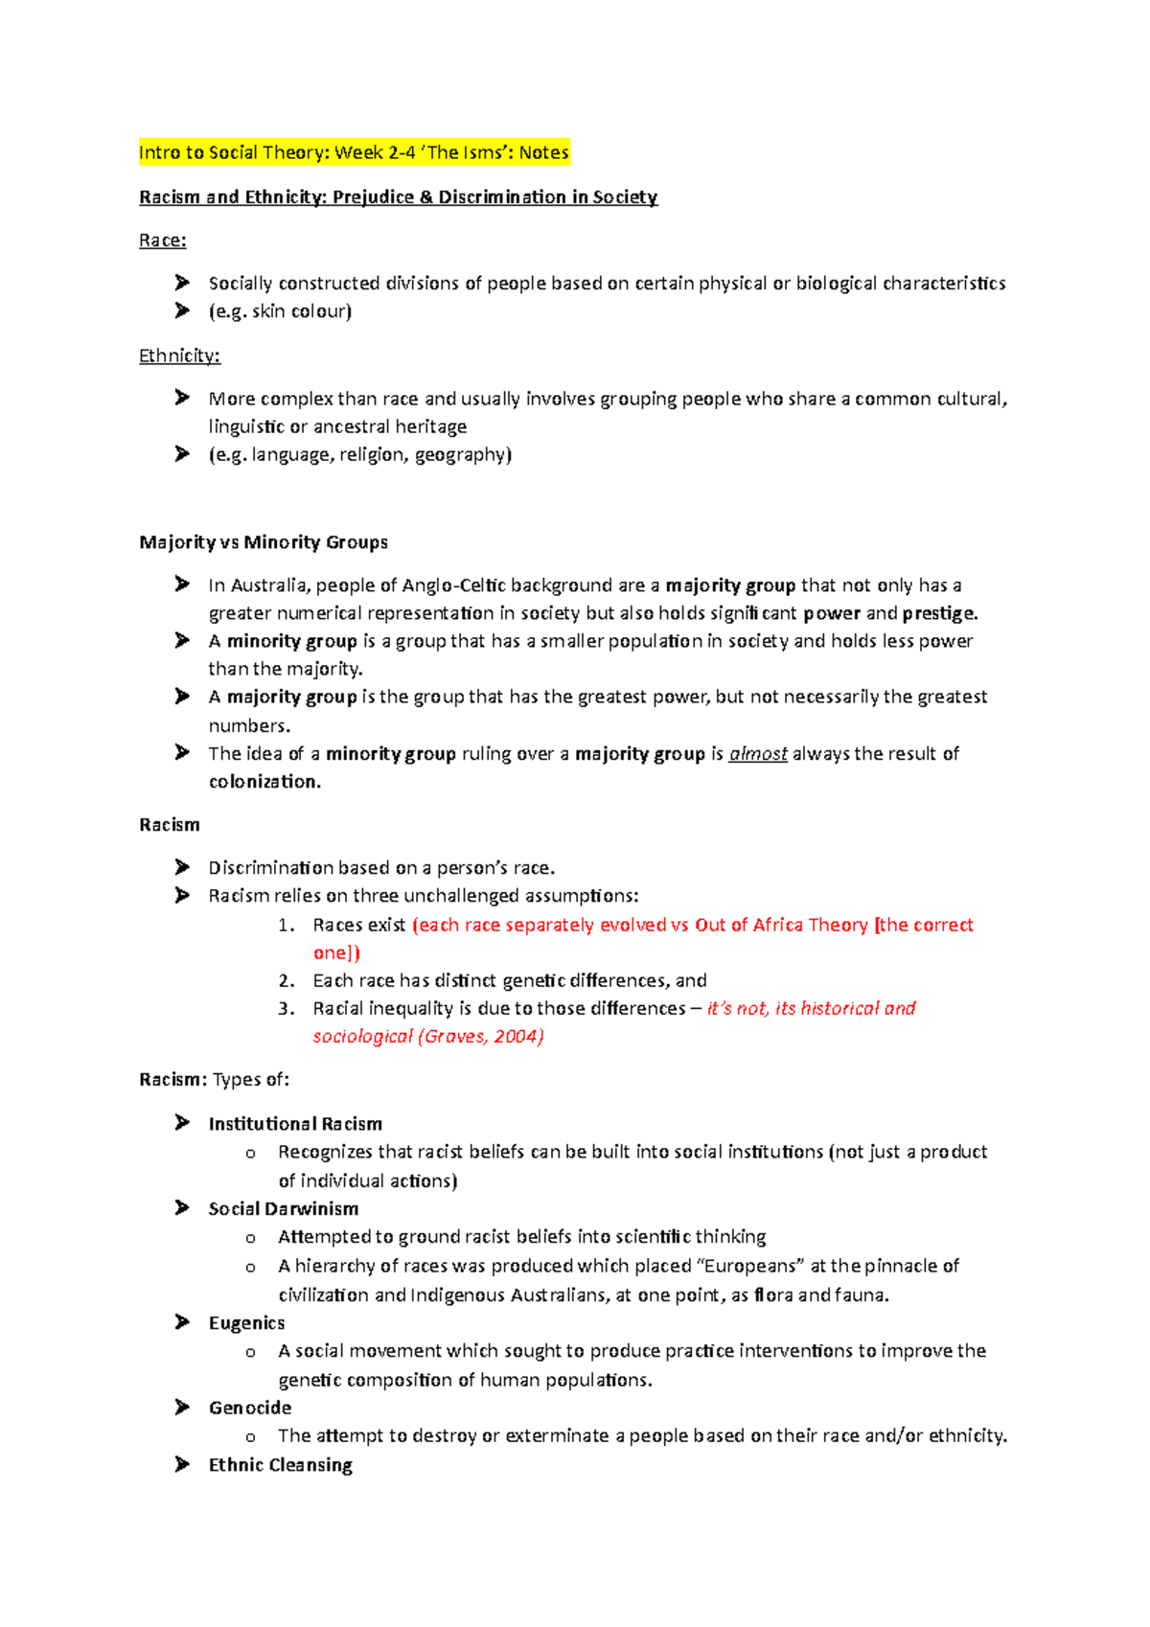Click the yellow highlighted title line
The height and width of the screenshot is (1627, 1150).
354,152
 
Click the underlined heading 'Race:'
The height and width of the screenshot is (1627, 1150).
162,241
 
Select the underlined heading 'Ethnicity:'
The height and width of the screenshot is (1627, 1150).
179,356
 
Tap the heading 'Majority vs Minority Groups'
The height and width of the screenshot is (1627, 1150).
264,542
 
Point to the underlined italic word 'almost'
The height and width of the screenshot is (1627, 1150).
758,754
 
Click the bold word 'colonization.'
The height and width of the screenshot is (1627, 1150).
264,782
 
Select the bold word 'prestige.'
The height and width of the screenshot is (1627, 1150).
940,613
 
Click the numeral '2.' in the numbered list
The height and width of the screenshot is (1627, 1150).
286,981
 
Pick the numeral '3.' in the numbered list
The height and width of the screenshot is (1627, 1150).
286,1009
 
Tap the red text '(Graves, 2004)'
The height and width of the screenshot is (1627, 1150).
481,1037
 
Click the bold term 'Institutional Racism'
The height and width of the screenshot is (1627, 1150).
295,1124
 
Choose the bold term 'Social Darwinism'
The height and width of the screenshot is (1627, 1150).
284,1209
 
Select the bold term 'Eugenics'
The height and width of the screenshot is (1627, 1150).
246,1323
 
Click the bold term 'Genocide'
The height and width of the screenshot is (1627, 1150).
250,1408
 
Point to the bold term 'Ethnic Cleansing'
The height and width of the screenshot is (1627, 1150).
281,1465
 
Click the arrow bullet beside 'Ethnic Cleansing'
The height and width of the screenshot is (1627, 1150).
182,1464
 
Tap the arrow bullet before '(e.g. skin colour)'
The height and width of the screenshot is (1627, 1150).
182,310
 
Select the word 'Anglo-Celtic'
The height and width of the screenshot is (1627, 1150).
453,585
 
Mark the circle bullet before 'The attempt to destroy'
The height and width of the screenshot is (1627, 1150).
251,1437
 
